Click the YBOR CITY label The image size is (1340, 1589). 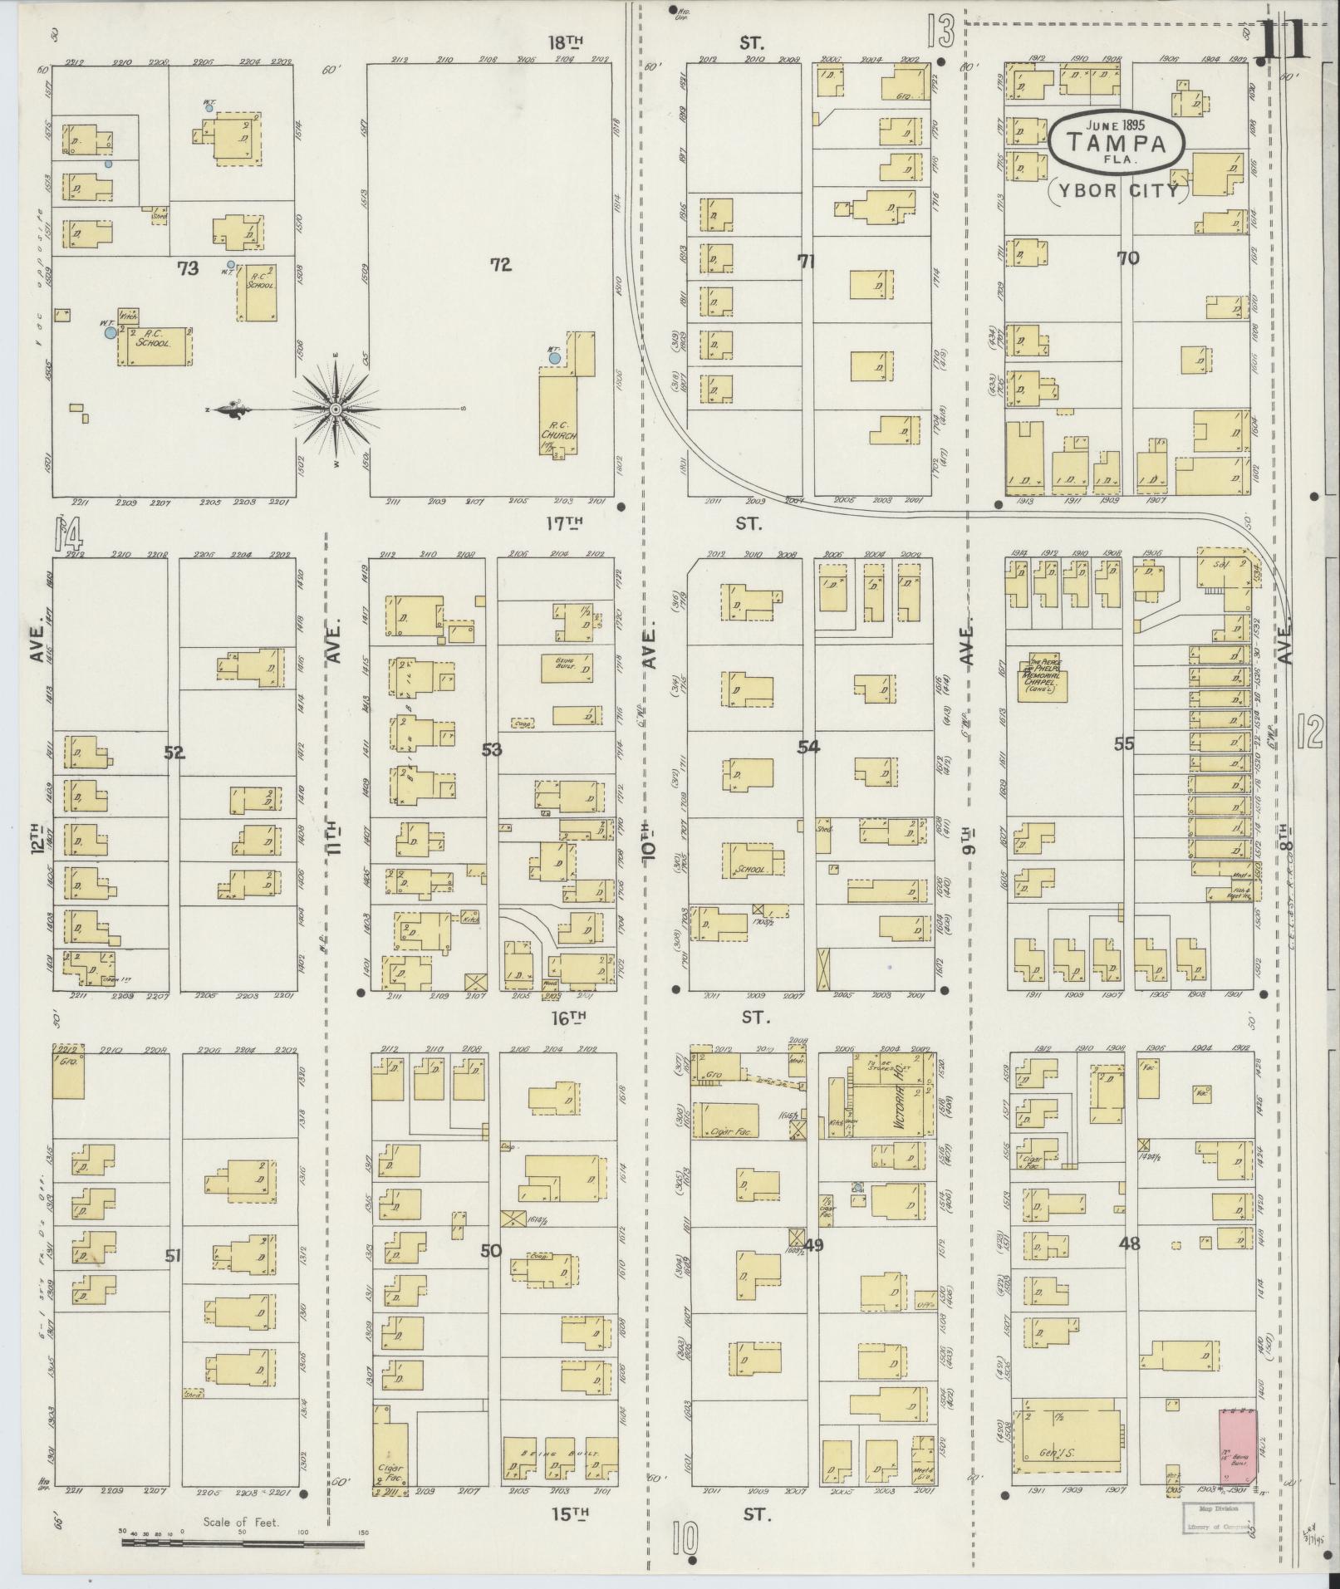(1116, 190)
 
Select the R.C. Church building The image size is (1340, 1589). (558, 414)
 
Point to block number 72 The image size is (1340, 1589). (500, 265)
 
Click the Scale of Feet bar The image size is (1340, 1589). (243, 1542)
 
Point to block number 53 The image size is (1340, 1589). (492, 750)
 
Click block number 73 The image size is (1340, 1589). (188, 268)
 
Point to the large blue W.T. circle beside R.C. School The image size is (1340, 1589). (110, 332)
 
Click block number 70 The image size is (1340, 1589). (1127, 258)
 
